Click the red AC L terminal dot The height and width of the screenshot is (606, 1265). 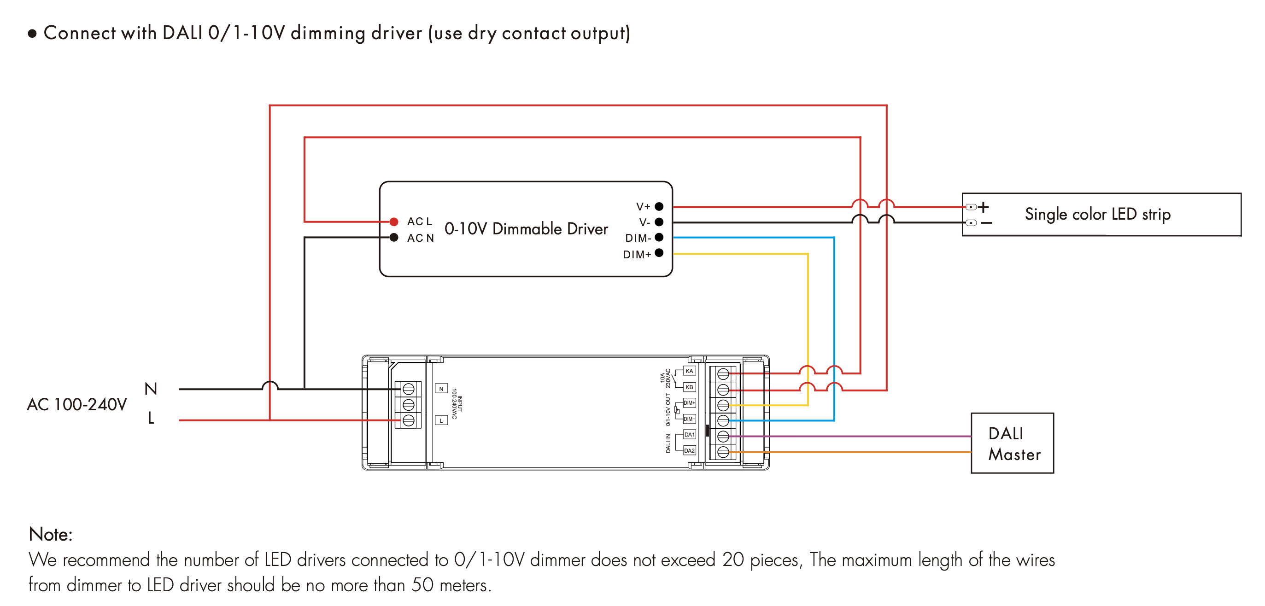click(394, 222)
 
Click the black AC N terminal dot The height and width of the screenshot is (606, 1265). click(394, 238)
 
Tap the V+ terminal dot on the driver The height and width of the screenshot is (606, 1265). click(659, 207)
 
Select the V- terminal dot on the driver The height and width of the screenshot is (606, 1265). click(659, 222)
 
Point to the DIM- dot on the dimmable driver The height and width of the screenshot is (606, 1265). click(659, 238)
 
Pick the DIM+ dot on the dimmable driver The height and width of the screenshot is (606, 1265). click(659, 253)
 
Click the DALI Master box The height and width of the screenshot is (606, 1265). click(1012, 443)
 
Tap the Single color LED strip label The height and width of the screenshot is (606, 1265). click(1097, 215)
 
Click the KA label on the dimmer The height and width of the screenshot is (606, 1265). click(690, 371)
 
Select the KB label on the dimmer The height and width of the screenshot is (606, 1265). click(690, 387)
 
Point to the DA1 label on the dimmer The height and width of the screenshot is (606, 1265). click(690, 435)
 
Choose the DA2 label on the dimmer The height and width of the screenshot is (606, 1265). click(690, 450)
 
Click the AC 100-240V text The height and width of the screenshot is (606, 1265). click(76, 405)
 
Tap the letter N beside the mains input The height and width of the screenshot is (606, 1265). click(151, 389)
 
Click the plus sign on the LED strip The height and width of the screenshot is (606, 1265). click(983, 207)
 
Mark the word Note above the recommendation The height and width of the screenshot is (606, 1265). click(51, 534)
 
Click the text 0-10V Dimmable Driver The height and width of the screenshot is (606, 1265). click(526, 229)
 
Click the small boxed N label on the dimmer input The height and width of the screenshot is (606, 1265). click(441, 389)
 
